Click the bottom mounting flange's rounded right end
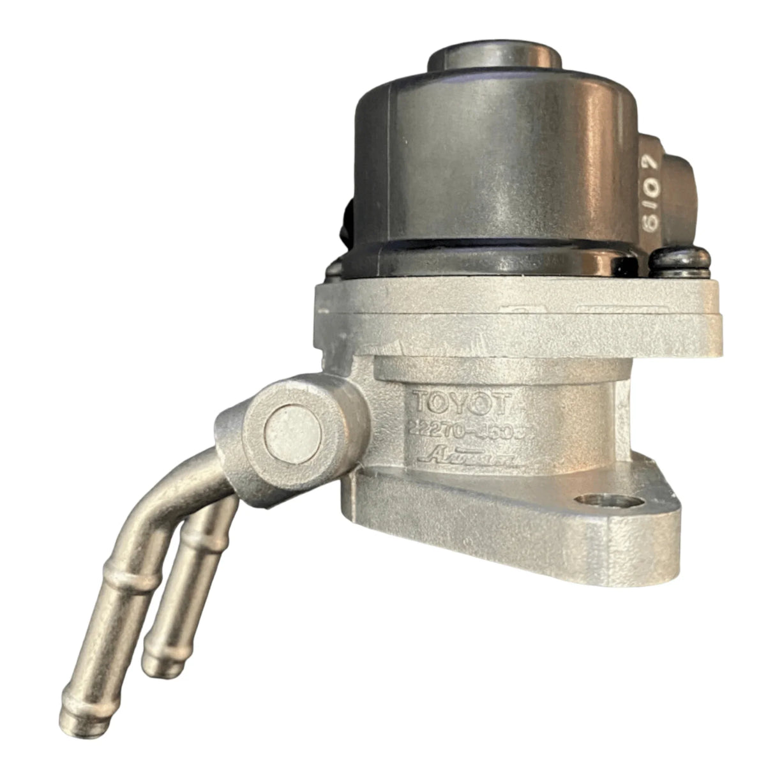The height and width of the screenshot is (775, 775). pos(664,530)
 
